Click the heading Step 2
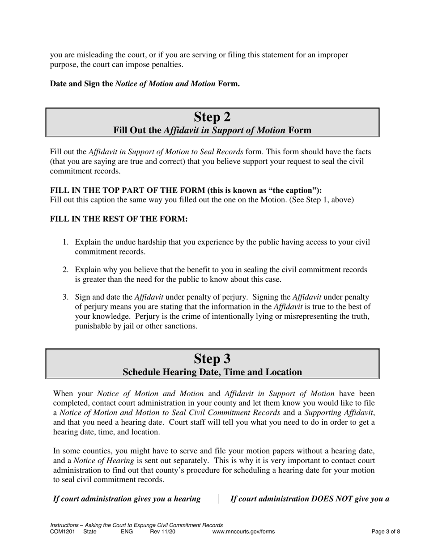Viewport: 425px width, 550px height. [212, 117]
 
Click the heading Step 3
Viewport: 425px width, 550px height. [212, 359]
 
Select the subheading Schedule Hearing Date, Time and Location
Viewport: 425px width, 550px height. [212, 372]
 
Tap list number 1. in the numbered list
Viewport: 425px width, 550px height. [65, 242]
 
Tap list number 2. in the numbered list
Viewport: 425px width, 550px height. [65, 270]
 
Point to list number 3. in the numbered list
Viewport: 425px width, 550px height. [65, 297]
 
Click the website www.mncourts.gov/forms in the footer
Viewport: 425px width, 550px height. [243, 532]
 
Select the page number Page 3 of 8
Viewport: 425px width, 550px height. [386, 532]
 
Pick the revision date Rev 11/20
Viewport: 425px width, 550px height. [163, 532]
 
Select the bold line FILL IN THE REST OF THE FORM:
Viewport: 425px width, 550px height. [119, 219]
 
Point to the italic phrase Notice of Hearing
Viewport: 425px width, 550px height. [104, 461]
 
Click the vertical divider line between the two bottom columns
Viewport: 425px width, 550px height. [218, 499]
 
